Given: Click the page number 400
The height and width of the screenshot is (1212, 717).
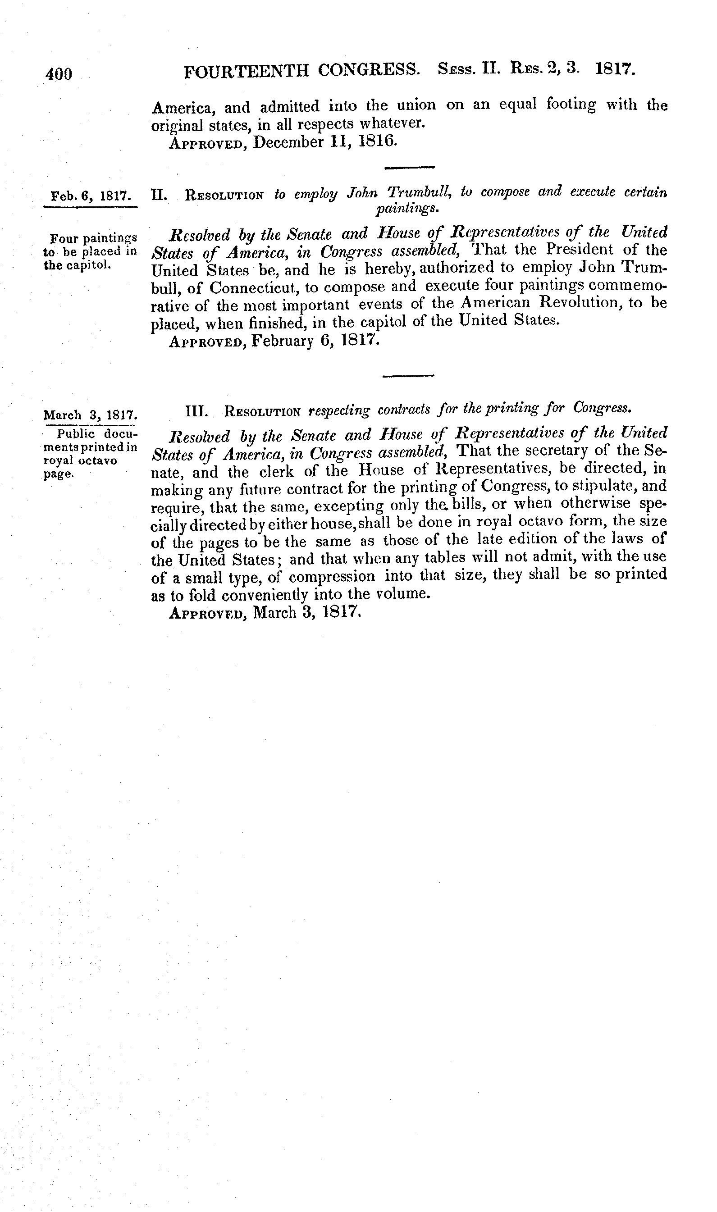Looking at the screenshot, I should pos(59,74).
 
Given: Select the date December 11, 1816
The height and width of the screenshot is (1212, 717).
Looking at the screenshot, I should pos(324,142).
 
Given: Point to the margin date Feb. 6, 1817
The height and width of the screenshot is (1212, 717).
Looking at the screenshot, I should pos(90,196).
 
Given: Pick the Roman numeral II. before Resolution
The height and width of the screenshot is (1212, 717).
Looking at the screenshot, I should pos(158,195).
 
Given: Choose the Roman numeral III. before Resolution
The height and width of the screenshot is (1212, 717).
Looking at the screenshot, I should pos(196,411).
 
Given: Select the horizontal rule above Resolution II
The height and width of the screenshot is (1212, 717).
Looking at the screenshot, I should pos(409,168).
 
